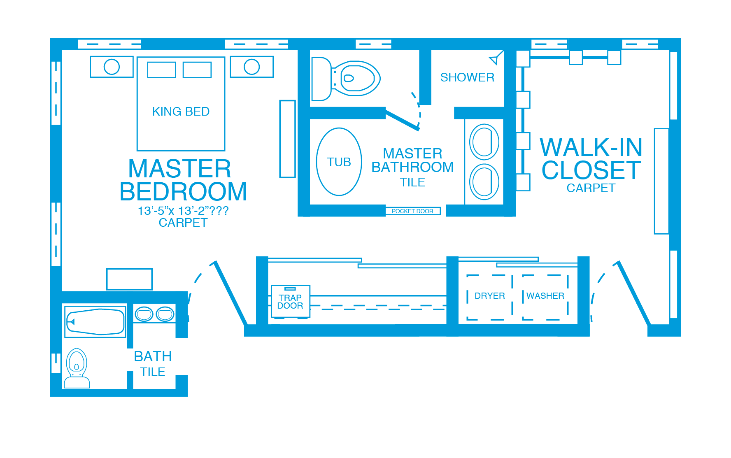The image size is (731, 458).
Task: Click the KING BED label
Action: pos(181,112)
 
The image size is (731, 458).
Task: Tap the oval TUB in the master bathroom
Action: pos(339,162)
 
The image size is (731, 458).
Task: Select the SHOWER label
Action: pos(467,77)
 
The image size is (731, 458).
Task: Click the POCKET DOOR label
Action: pos(412,211)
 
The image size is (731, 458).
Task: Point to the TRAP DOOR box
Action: pos(290,302)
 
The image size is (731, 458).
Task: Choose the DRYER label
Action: pos(490,296)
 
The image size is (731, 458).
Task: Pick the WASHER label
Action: pos(545,296)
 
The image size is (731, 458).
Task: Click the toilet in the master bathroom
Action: pos(346,79)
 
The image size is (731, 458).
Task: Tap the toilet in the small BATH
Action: pos(77,368)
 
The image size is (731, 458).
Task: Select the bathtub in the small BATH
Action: pos(95,321)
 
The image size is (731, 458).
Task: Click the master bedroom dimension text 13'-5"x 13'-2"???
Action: pos(183,211)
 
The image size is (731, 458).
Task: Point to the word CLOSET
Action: pos(591,170)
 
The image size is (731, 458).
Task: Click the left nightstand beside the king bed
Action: pos(112,67)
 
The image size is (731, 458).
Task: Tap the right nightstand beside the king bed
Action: pos(252,67)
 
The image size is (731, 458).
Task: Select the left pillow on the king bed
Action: pos(162,70)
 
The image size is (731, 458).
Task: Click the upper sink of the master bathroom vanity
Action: pos(484,142)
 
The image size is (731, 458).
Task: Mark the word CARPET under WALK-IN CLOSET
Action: pos(591,188)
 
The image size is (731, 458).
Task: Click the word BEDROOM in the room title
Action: pos(183,192)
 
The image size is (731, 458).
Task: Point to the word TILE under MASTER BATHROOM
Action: pos(412,182)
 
